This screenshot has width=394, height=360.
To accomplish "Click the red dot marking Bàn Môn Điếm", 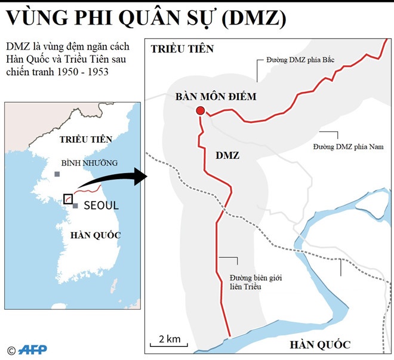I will tap(201, 110).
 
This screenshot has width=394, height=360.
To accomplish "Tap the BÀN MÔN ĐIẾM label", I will tap(216, 96).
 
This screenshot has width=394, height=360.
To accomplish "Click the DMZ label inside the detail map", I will tap(227, 155).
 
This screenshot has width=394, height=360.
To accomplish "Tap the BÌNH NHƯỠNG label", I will tap(90, 162).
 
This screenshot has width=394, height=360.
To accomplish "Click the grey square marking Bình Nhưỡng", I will tap(57, 174).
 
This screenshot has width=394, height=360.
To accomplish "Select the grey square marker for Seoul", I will tap(76, 206).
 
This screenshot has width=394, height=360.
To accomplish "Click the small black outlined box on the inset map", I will tap(68, 199).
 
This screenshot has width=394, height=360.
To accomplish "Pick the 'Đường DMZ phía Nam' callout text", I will tap(348, 146).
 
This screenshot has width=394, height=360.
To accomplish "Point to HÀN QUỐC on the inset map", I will tap(95, 235).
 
